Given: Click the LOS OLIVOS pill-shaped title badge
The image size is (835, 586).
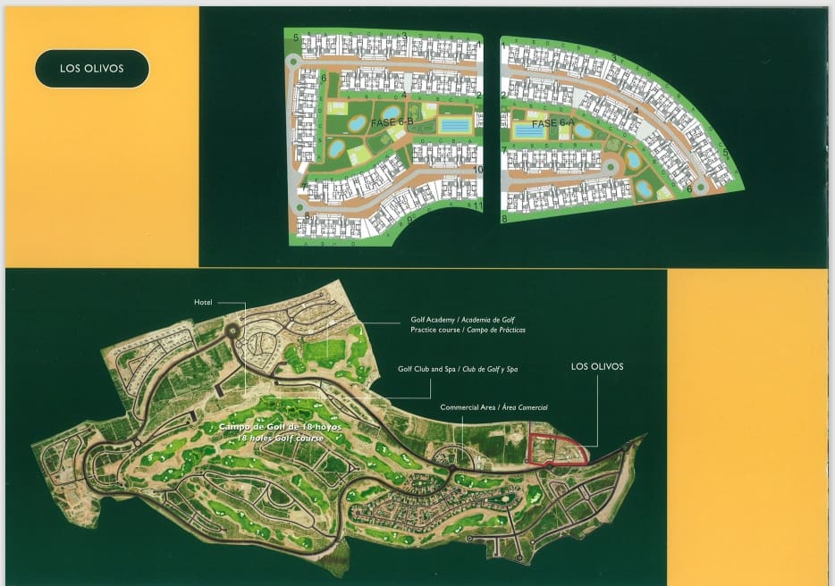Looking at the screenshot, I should coord(91,68).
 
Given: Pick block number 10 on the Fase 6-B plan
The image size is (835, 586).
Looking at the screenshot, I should coord(478,170).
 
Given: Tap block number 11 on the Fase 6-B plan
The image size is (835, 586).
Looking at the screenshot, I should coord(478,206).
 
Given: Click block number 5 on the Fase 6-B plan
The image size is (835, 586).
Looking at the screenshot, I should coord(296,38).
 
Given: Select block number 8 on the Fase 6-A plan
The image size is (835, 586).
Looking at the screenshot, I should coord(504,218).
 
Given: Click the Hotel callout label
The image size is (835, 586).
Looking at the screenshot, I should coord(204,303).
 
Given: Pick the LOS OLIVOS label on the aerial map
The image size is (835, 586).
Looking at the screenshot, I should coord(596,366).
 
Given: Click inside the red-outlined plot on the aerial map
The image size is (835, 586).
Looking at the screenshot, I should coord(557,449).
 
